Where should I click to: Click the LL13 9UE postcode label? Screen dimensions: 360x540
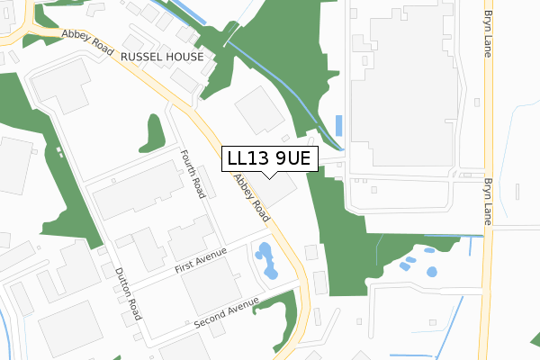click(269, 158)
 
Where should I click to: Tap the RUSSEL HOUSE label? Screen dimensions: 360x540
click(162, 56)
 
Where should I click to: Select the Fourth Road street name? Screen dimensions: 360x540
click(193, 174)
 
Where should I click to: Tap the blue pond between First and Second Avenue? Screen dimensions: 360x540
click(267, 262)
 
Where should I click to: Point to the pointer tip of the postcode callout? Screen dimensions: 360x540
click(269, 177)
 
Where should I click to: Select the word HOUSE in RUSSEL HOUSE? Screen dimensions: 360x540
click(184, 56)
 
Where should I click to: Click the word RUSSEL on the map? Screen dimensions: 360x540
click(139, 56)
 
